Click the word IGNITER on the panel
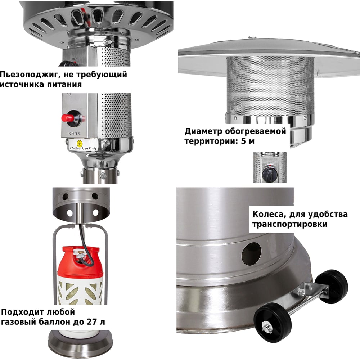[x=74, y=134]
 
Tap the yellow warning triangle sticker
[x=80, y=144]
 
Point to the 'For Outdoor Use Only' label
[x=83, y=148]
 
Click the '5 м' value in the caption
[x=248, y=141]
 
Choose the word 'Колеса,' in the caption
[x=269, y=215]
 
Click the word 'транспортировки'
[x=290, y=224]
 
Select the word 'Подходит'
[x=22, y=312]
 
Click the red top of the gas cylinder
[x=80, y=261]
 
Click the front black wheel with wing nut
[x=273, y=322]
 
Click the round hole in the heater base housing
[x=251, y=253]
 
